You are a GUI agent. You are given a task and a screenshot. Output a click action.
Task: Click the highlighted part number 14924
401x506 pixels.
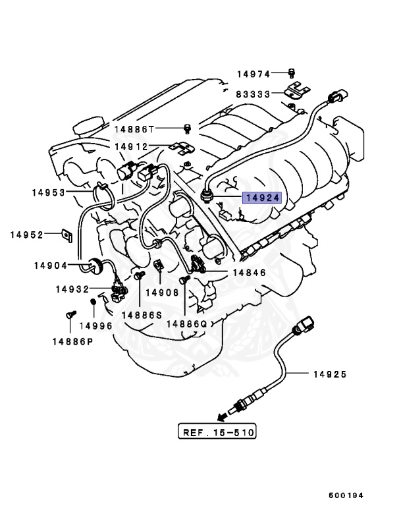[263, 197]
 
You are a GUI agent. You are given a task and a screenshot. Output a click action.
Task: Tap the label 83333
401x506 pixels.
[254, 94]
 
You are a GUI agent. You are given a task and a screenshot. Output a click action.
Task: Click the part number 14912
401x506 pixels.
[131, 146]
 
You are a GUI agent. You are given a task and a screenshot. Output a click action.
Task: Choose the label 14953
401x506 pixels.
[49, 193]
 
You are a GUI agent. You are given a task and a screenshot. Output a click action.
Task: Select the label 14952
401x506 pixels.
[27, 235]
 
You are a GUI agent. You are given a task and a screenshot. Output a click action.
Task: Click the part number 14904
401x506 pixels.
[52, 266]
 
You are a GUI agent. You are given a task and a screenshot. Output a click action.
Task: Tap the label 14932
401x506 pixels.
[73, 289]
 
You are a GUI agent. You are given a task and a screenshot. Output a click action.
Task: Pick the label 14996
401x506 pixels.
[96, 325]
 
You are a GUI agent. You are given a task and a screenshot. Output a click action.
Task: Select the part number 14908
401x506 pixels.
[162, 292]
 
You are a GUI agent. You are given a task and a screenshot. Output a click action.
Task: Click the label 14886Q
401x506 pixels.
[186, 323]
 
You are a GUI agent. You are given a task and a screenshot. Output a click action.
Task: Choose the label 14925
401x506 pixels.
[329, 374]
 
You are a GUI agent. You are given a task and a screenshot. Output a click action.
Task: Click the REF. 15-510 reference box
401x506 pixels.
[217, 432]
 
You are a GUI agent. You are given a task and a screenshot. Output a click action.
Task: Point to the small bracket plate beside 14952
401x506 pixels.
[67, 233]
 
